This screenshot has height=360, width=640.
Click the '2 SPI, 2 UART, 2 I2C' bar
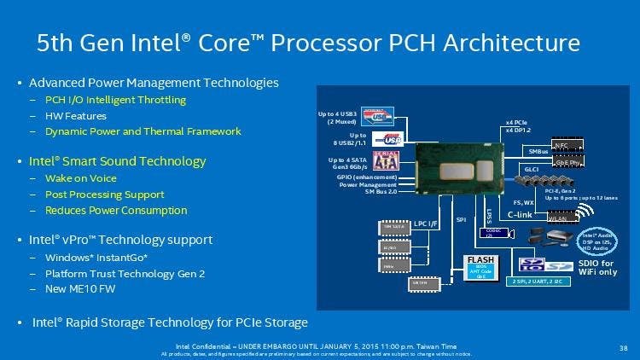coord(539,281)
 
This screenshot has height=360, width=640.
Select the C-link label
coord(521,215)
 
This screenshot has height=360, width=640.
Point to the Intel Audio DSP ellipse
coord(598,240)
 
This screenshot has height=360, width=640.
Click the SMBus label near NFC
coord(538,151)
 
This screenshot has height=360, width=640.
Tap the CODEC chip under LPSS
coord(492,233)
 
